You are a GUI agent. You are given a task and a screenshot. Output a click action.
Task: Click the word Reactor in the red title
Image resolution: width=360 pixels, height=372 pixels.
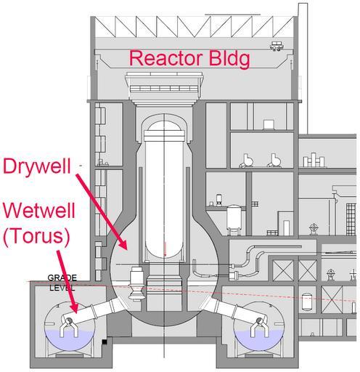pyautogui.click(x=166, y=58)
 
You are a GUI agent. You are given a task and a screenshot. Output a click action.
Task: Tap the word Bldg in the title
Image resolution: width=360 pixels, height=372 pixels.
pyautogui.click(x=229, y=60)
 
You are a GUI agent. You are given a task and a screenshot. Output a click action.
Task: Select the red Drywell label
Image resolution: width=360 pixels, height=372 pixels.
pyautogui.click(x=37, y=167)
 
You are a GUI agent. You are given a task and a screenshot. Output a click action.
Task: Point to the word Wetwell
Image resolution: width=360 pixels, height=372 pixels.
pyautogui.click(x=39, y=211)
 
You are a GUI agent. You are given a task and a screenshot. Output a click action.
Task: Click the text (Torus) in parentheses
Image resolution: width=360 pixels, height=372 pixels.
pyautogui.click(x=37, y=237)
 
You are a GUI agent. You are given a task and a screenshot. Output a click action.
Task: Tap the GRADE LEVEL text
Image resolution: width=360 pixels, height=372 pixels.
pyautogui.click(x=62, y=283)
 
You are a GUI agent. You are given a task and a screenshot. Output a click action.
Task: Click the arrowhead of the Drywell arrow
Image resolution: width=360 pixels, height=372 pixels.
pyautogui.click(x=123, y=244)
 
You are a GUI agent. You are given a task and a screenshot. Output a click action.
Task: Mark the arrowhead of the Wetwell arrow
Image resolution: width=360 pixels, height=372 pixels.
pyautogui.click(x=73, y=308)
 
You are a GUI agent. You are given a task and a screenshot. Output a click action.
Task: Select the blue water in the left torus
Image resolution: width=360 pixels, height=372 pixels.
pyautogui.click(x=70, y=340)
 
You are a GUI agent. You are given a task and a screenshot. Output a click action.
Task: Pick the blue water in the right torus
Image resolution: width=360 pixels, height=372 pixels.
pyautogui.click(x=258, y=340)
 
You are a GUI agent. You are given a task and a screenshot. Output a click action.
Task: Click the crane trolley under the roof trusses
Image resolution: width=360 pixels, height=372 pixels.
pyautogui.click(x=277, y=46)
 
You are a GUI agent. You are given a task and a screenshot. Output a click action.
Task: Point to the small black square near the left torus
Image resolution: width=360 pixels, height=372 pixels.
pyautogui.click(x=105, y=341)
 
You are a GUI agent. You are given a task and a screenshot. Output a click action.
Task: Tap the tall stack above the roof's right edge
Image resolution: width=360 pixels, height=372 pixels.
pyautogui.click(x=303, y=68)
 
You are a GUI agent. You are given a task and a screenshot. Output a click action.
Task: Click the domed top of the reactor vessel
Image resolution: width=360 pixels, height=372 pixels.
pyautogui.click(x=164, y=126)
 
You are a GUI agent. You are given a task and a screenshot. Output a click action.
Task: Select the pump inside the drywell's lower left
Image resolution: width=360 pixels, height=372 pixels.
pyautogui.click(x=137, y=283)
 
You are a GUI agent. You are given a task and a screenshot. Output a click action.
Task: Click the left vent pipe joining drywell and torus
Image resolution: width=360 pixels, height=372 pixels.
pyautogui.click(x=97, y=311)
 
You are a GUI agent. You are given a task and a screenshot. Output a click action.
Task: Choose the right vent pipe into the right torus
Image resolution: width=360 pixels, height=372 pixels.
pyautogui.click(x=232, y=310)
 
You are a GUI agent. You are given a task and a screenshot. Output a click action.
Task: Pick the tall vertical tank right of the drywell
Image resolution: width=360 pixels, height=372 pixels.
pyautogui.click(x=234, y=220)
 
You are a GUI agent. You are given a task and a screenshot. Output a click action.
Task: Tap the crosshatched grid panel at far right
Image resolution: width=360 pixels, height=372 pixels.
pyautogui.click(x=351, y=219)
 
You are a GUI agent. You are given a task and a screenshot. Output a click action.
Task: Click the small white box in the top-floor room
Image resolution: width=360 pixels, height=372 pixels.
pyautogui.click(x=269, y=124)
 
